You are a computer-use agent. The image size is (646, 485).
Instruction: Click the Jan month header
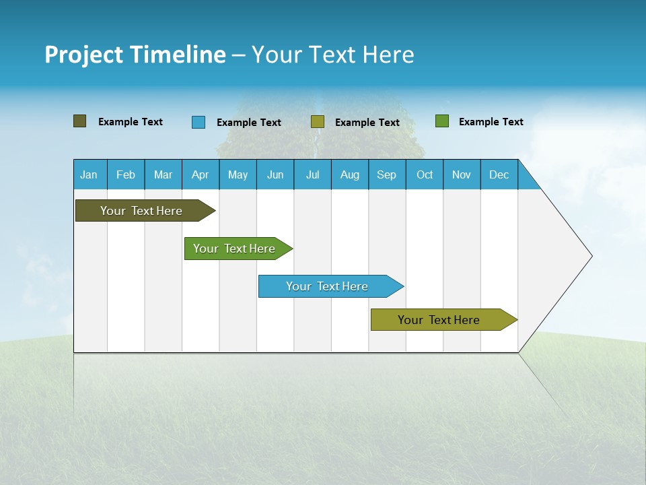pyautogui.click(x=89, y=174)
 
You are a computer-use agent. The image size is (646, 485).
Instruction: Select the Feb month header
pyautogui.click(x=126, y=174)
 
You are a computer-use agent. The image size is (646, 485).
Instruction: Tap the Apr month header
pyautogui.click(x=200, y=174)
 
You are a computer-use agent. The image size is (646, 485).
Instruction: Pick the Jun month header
pyautogui.click(x=275, y=174)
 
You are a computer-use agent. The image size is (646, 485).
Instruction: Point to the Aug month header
pyautogui.click(x=349, y=174)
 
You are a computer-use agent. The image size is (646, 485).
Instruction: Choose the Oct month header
pyautogui.click(x=425, y=174)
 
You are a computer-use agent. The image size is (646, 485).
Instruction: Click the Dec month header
pyautogui.click(x=499, y=174)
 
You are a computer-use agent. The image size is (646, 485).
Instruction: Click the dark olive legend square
pyautogui.click(x=80, y=121)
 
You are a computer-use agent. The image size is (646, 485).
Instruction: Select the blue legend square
pyautogui.click(x=199, y=122)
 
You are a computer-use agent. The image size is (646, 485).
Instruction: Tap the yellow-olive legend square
pyautogui.click(x=318, y=122)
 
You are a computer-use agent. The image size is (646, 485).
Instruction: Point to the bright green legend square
pyautogui.click(x=442, y=121)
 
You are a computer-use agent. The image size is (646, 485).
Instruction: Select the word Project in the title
pyautogui.click(x=84, y=55)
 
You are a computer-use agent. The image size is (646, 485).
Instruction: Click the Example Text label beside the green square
pyautogui.click(x=491, y=122)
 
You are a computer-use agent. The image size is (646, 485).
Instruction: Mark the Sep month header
pyautogui.click(x=386, y=174)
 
